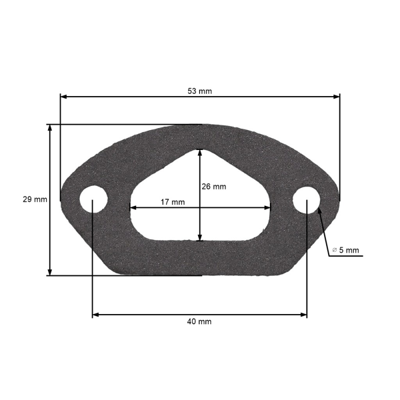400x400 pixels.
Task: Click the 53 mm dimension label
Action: (200, 91)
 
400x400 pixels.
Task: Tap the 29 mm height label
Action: (35, 199)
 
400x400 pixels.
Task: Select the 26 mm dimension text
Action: (214, 187)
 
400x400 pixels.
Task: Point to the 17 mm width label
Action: (173, 202)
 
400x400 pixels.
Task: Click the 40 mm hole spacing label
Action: (199, 322)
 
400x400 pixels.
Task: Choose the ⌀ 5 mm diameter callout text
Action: (345, 250)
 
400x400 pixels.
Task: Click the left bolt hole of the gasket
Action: (93, 199)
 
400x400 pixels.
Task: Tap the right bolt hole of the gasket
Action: (307, 200)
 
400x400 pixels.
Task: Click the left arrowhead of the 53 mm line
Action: (63, 97)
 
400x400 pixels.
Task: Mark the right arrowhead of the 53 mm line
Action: (337, 97)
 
